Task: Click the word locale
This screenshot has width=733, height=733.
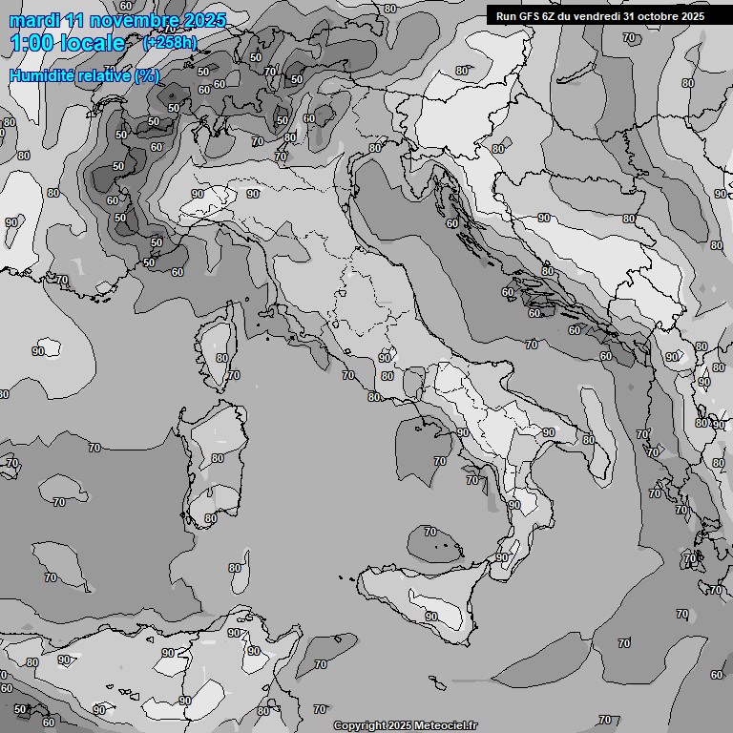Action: tap(92, 43)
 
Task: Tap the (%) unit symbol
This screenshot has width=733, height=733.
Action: tap(147, 75)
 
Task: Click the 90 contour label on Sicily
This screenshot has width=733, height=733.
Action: tap(431, 617)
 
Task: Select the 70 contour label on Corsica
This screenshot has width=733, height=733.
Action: tap(234, 375)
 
